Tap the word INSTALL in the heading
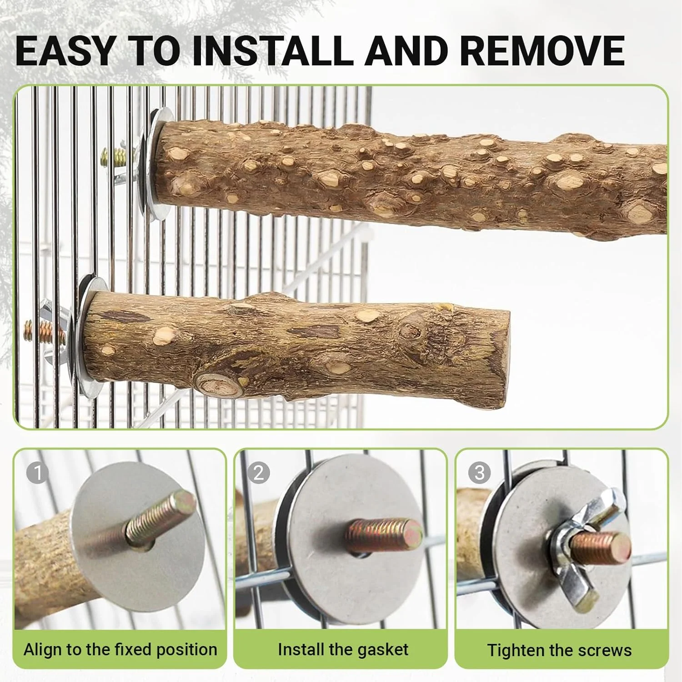(x=273, y=51)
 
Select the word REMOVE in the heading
(x=542, y=51)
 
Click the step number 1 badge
(x=38, y=473)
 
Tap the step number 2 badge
(x=259, y=473)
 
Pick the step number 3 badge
(x=480, y=473)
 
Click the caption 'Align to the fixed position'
(x=120, y=650)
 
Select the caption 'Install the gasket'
(x=343, y=650)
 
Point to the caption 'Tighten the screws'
(x=559, y=650)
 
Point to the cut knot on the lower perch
(x=220, y=385)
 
